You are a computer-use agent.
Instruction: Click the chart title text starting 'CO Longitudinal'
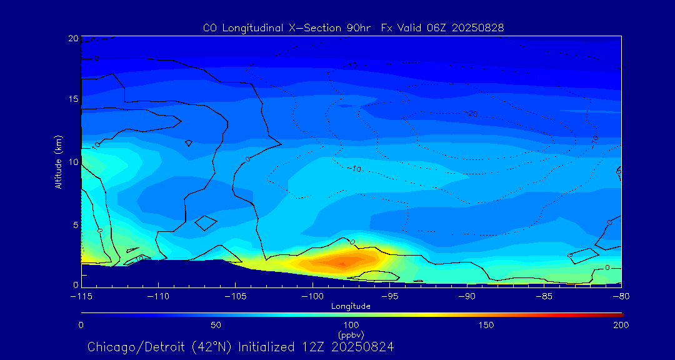pos(353,27)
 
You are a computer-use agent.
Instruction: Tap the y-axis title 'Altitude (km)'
pos(58,161)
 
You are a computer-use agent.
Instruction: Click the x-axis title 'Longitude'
pos(351,306)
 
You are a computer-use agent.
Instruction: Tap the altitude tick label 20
pos(73,39)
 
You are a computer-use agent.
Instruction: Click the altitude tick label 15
pos(73,99)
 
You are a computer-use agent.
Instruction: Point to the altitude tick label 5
pos(76,224)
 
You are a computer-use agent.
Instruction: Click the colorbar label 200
pos(621,325)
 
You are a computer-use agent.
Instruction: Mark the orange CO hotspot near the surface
pos(342,260)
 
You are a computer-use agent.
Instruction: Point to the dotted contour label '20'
pos(472,114)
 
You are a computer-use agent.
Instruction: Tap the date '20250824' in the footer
pos(362,346)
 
